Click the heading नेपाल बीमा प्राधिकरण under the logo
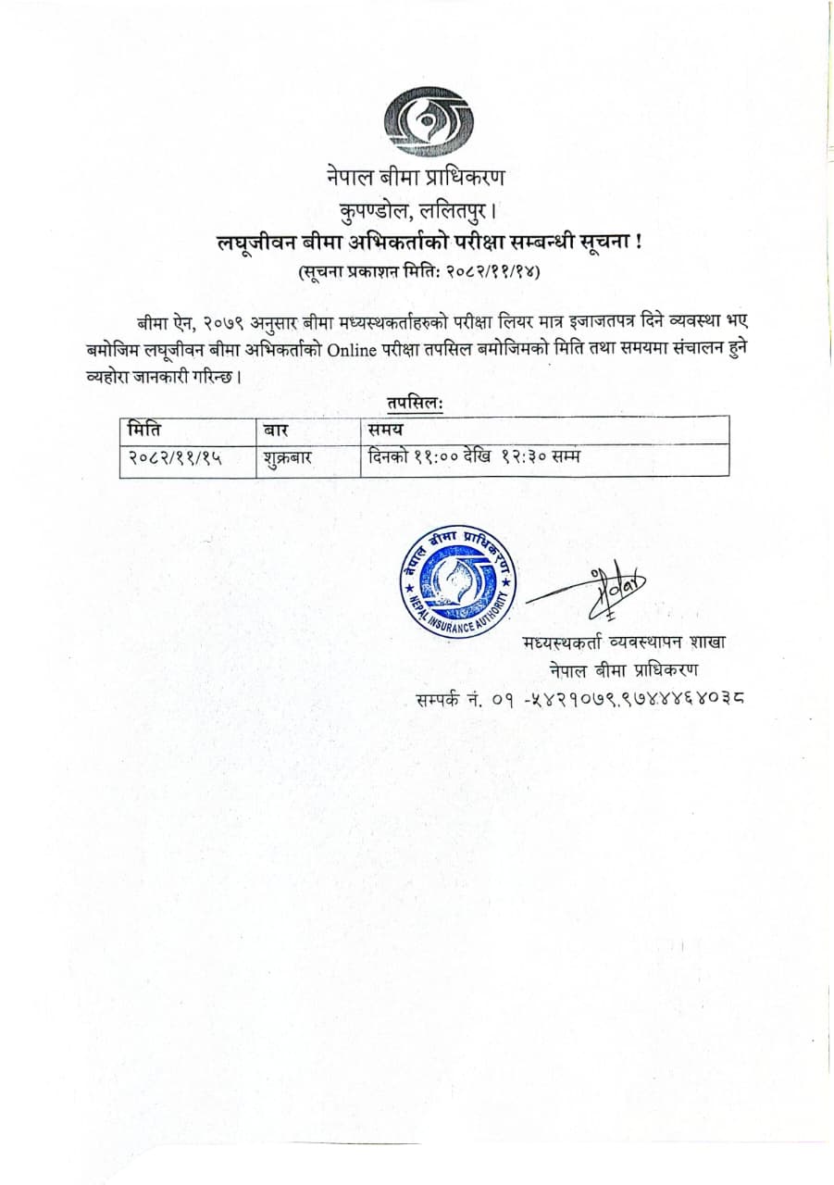[416, 176]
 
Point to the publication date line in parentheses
[418, 273]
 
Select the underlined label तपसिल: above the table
[417, 405]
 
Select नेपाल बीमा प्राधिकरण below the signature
[623, 669]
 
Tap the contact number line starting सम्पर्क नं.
[581, 696]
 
